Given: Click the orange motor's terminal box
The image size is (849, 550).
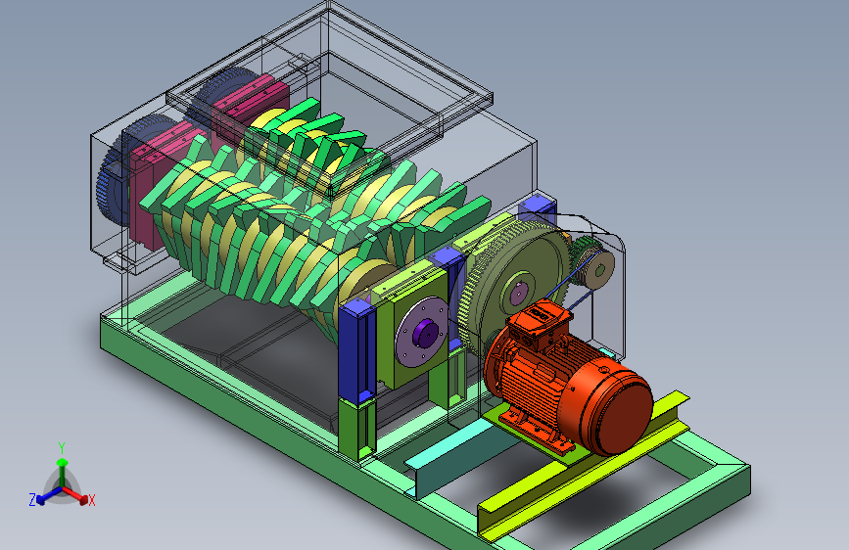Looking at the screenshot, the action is [x=539, y=322].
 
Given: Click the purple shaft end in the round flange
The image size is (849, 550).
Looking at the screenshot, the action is [x=425, y=333].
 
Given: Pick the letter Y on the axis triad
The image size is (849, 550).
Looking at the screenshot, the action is [x=62, y=448].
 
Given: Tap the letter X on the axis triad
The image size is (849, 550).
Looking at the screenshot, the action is [x=91, y=500].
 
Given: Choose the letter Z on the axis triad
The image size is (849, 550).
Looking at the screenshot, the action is [x=32, y=500].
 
